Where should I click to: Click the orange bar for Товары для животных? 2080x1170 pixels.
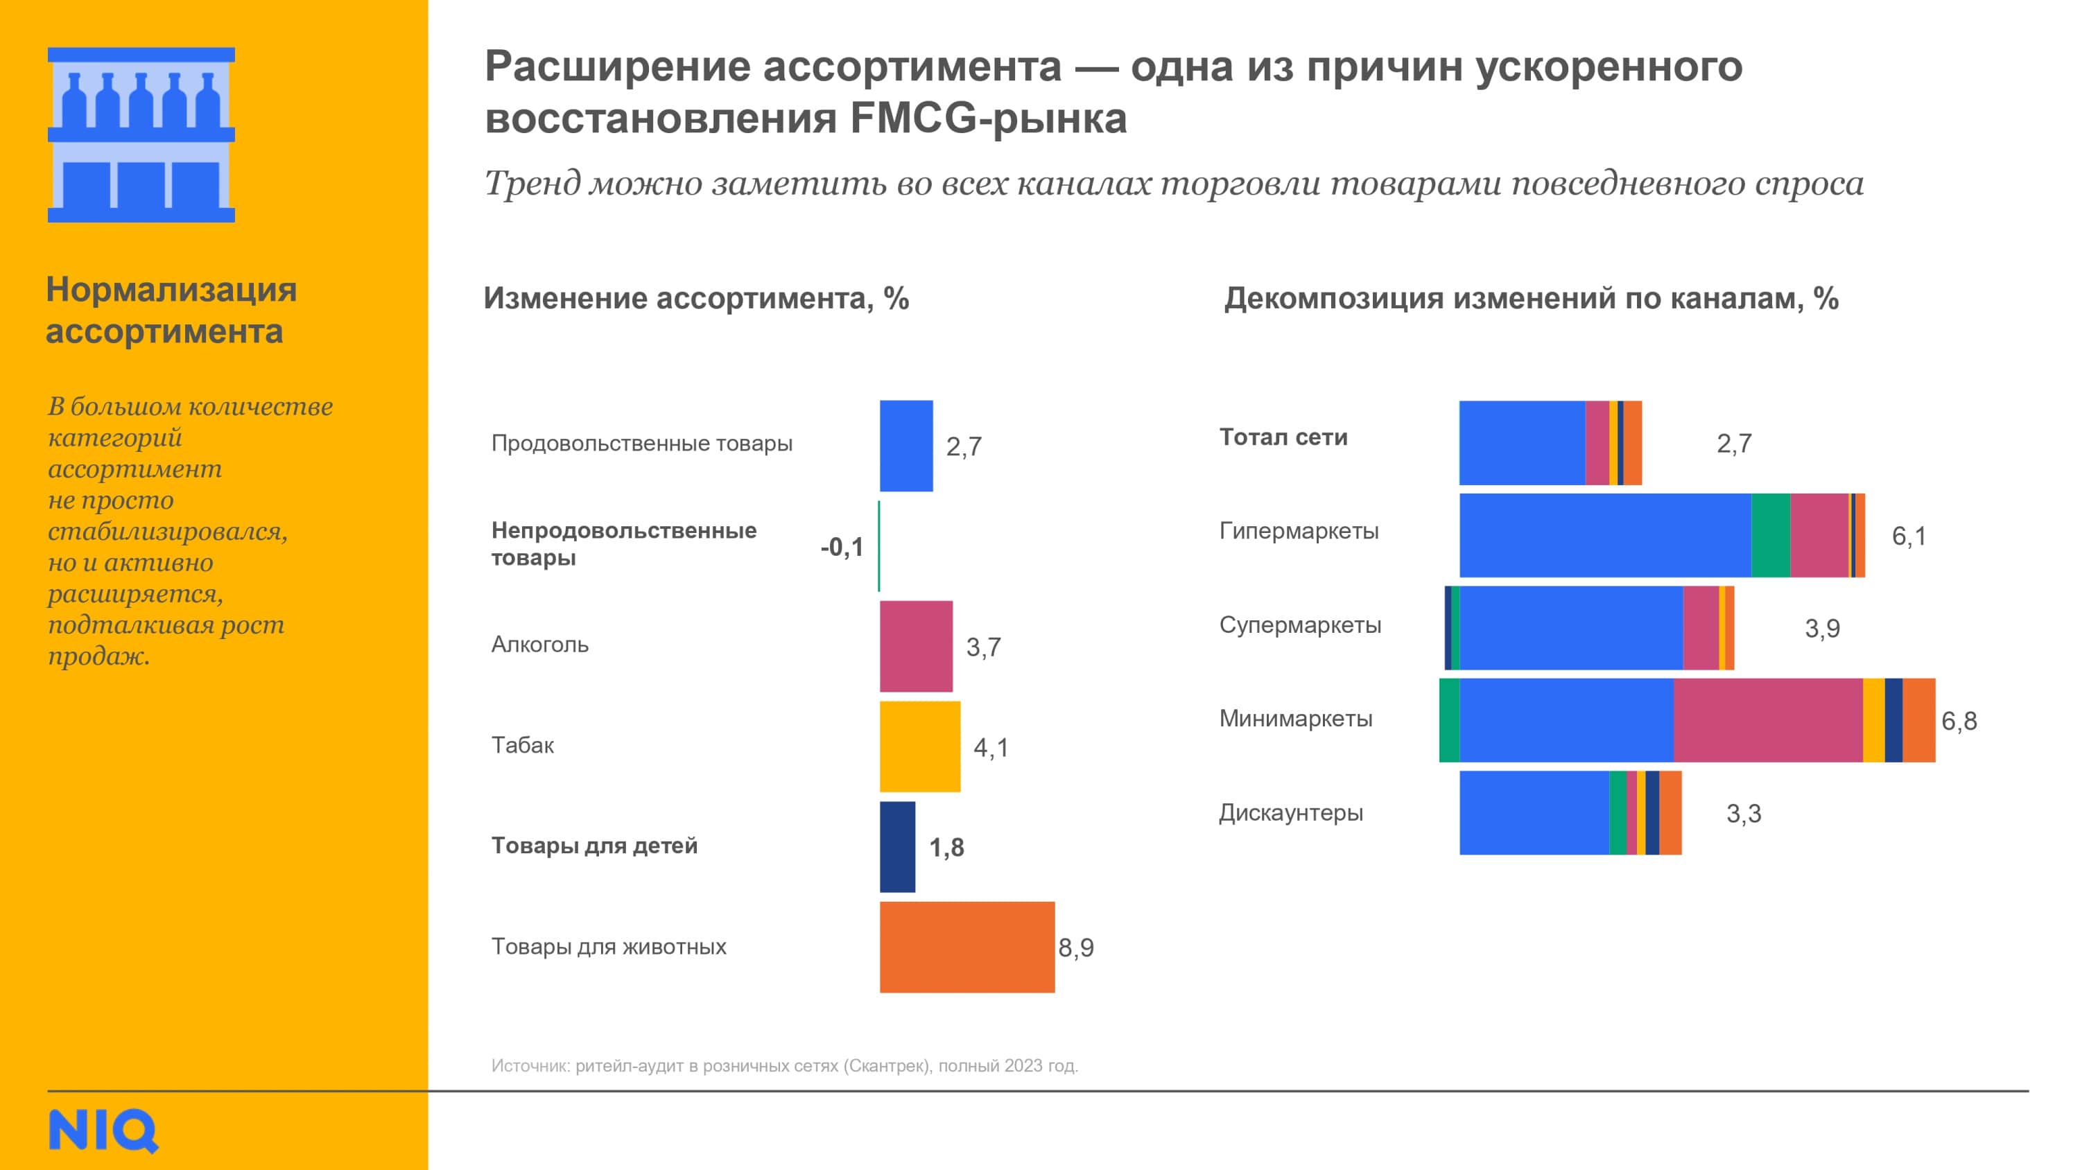(x=967, y=946)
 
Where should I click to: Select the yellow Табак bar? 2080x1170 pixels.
(x=919, y=746)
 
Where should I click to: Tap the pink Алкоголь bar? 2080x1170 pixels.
(x=916, y=646)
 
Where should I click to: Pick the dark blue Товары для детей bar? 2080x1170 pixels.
(x=897, y=846)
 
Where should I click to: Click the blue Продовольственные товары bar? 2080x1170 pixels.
(x=906, y=445)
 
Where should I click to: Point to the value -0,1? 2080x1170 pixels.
(x=842, y=547)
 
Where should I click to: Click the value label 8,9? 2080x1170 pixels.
(x=1075, y=947)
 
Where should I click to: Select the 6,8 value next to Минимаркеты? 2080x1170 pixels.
(x=1959, y=720)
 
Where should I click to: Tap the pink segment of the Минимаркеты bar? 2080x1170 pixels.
(x=1767, y=719)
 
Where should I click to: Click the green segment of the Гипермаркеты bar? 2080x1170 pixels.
(x=1770, y=534)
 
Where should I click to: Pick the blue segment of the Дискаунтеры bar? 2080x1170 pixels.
(x=1534, y=812)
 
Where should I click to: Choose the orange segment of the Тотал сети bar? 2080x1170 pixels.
(x=1633, y=442)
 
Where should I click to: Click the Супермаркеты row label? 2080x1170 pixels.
(x=1300, y=625)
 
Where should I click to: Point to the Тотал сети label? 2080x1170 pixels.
(x=1283, y=437)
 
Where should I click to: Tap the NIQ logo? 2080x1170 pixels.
(x=103, y=1130)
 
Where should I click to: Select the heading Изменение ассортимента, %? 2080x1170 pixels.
(x=696, y=298)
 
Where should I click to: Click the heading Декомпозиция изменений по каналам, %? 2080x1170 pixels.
(x=1531, y=298)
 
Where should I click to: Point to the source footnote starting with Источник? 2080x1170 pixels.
(x=784, y=1065)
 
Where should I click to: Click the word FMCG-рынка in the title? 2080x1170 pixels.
(x=987, y=119)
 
